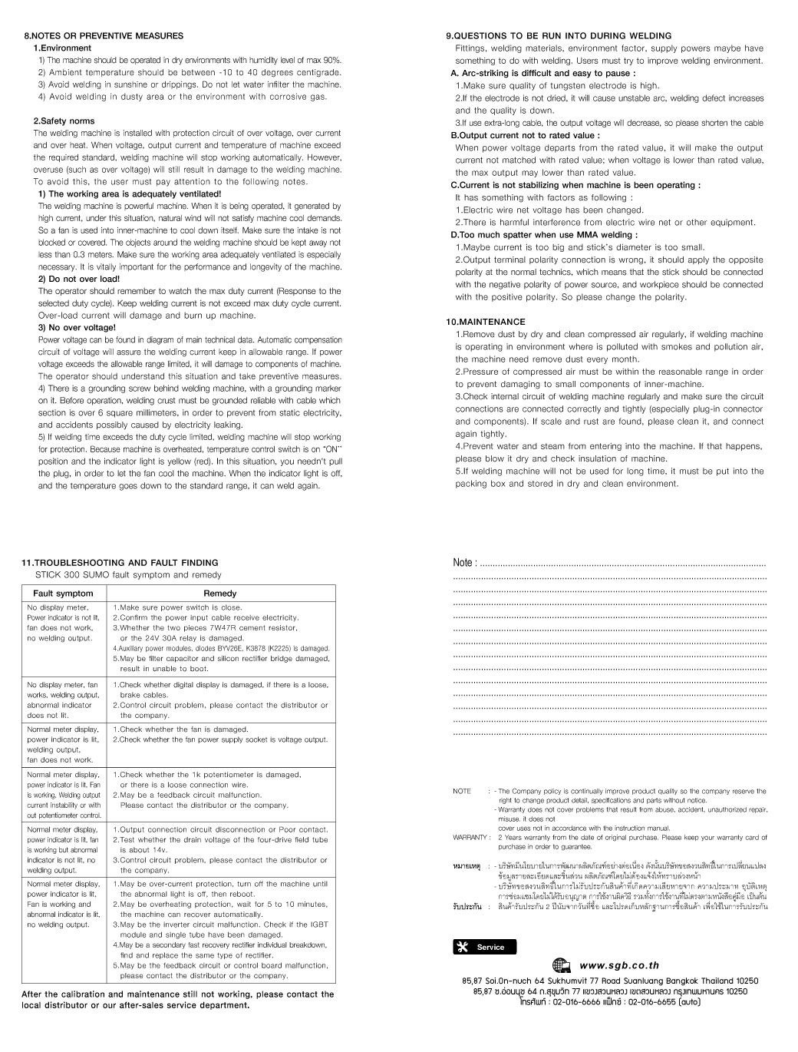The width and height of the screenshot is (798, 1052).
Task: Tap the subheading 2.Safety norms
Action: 64,121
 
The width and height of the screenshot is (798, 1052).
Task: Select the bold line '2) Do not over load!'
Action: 79,279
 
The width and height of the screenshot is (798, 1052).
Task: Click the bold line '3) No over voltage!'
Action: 77,327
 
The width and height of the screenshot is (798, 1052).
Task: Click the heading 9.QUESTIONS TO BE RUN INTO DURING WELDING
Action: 559,35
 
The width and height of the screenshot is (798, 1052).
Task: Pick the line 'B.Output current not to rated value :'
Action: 525,135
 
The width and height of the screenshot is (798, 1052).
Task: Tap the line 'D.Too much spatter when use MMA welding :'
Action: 544,235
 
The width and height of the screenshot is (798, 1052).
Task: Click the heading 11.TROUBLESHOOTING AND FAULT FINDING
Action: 120,563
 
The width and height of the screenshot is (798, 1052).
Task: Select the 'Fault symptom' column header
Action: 63,594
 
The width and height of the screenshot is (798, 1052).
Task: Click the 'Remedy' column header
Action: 219,594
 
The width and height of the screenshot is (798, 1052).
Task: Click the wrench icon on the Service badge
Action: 463,947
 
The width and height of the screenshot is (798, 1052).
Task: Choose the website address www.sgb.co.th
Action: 619,966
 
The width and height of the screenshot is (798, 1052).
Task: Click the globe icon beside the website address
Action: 562,966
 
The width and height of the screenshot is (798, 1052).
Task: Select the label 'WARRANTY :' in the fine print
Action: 471,837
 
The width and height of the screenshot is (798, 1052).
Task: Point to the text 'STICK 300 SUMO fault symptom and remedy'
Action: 128,574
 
